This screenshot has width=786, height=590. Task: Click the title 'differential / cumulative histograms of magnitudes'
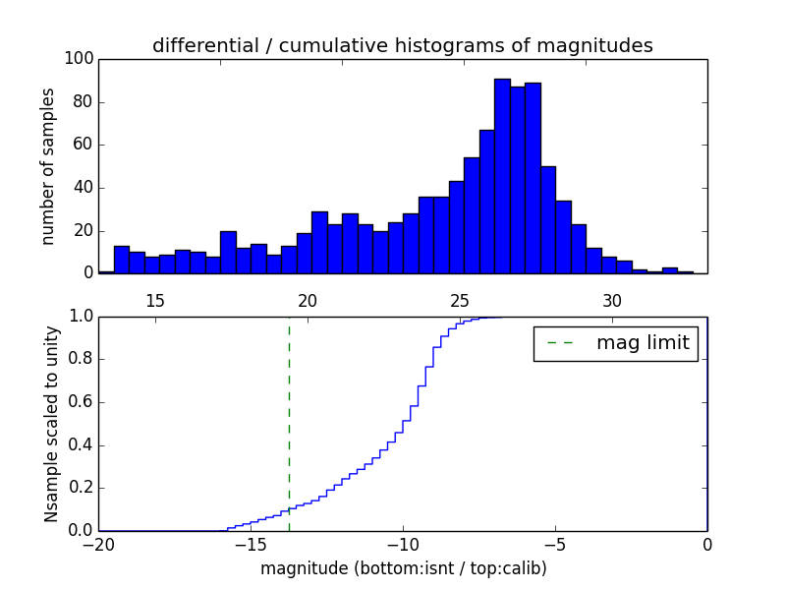point(402,45)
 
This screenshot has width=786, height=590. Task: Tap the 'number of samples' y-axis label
point(47,166)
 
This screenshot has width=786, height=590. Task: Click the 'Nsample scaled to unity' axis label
point(51,424)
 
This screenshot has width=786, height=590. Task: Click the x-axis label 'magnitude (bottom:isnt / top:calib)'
point(403,568)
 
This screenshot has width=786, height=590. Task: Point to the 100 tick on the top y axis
point(81,59)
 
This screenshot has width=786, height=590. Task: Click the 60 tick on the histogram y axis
point(84,145)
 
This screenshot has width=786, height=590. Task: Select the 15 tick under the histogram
point(154,301)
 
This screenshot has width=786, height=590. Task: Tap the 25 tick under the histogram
point(460,301)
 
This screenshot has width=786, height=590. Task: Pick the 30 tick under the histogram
point(612,301)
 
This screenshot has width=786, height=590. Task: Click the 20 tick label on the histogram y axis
point(84,230)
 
